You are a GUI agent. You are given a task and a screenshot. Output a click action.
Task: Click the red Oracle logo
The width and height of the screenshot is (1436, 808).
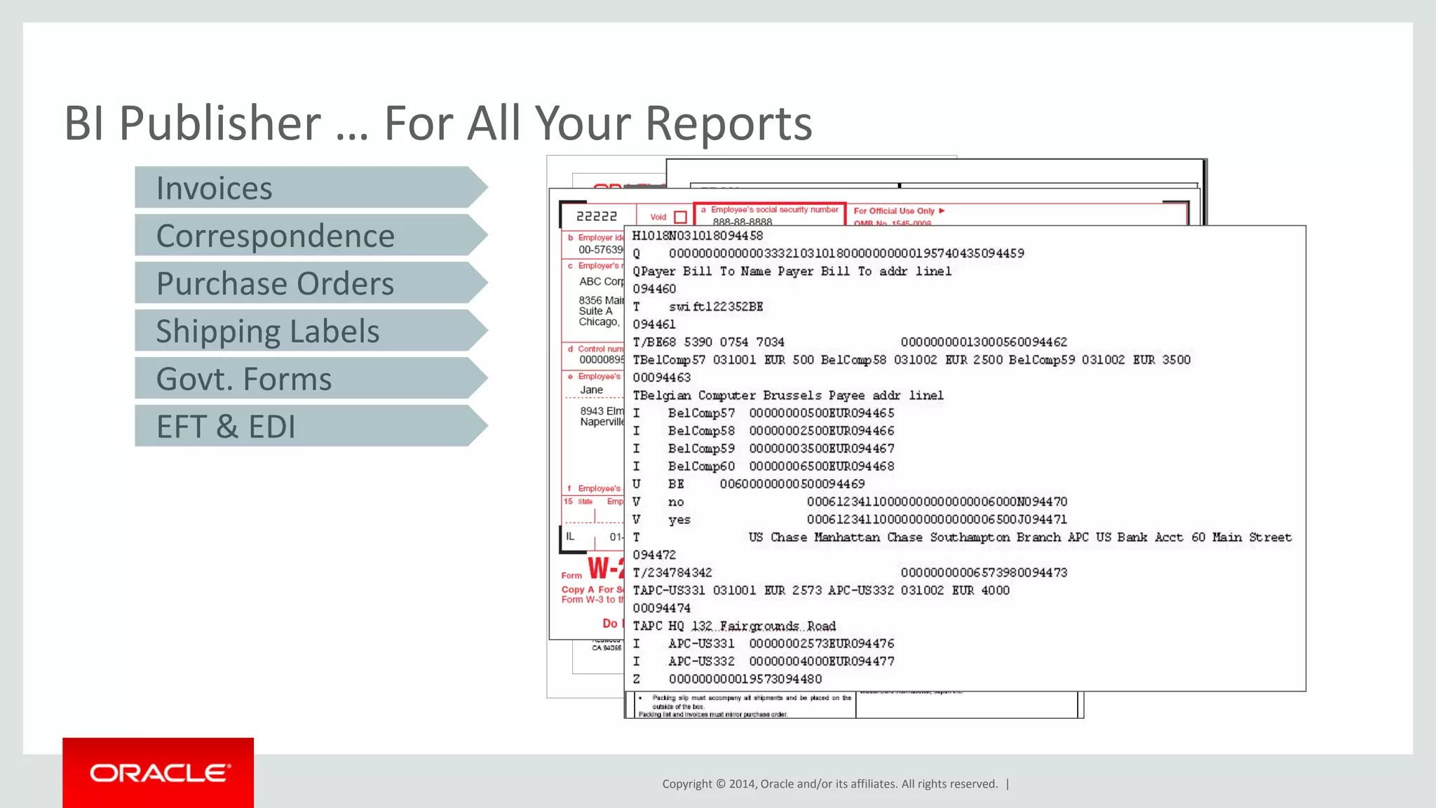pyautogui.click(x=158, y=773)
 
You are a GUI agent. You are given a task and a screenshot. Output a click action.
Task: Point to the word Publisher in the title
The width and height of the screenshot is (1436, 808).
pyautogui.click(x=219, y=123)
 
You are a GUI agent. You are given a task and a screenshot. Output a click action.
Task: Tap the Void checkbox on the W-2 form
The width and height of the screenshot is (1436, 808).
pyautogui.click(x=679, y=217)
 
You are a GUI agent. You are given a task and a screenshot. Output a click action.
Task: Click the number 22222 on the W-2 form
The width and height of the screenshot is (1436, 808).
pyautogui.click(x=597, y=217)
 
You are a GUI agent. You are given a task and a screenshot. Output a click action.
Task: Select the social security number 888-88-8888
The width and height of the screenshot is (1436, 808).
pyautogui.click(x=742, y=222)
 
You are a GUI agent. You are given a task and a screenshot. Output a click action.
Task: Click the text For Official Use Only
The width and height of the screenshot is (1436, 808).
pyautogui.click(x=894, y=211)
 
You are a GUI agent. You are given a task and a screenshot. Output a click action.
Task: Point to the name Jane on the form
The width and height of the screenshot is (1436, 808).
pyautogui.click(x=591, y=390)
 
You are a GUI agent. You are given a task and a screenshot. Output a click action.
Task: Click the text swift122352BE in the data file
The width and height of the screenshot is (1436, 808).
pyautogui.click(x=716, y=307)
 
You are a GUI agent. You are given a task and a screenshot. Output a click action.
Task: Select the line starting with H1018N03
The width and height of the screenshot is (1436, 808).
pyautogui.click(x=698, y=236)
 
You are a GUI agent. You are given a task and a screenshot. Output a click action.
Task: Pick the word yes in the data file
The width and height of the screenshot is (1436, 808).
pyautogui.click(x=679, y=520)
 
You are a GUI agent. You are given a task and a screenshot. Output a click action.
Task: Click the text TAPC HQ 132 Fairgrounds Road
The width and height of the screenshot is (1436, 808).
pyautogui.click(x=734, y=626)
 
